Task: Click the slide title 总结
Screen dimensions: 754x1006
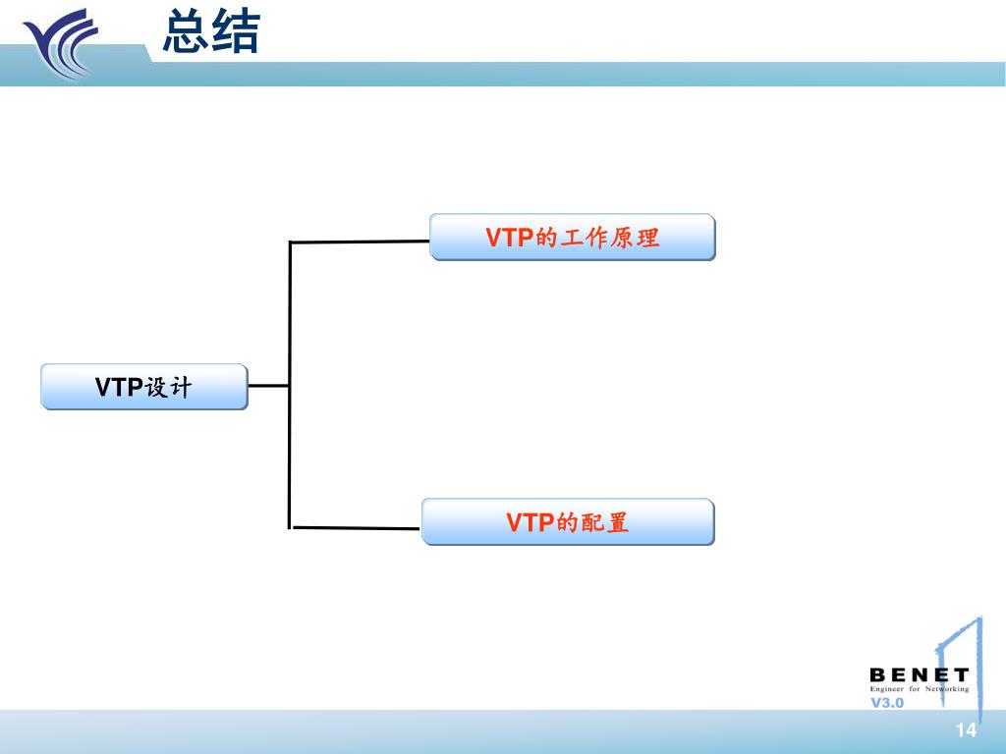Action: [x=211, y=31]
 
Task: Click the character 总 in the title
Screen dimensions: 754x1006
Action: [x=187, y=31]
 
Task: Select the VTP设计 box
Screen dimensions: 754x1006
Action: [x=143, y=386]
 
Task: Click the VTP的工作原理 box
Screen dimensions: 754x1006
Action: [x=572, y=238]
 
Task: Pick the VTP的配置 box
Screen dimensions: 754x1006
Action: [x=568, y=521]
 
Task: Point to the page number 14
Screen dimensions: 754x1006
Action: [x=966, y=729]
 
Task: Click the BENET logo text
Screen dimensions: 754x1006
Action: [x=919, y=675]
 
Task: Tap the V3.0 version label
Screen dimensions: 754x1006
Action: [x=887, y=703]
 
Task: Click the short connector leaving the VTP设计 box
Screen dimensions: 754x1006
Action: [x=268, y=386]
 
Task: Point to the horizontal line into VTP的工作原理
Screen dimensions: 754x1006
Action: [x=360, y=242]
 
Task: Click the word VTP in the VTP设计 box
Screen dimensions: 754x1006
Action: [x=119, y=387]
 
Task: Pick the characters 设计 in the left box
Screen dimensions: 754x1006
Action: [x=168, y=387]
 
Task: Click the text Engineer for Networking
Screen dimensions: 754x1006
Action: [x=919, y=689]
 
